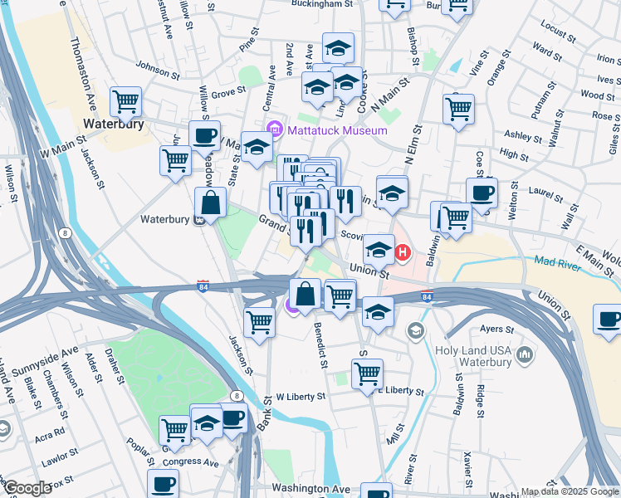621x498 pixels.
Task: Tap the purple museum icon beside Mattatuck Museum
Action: tap(276, 129)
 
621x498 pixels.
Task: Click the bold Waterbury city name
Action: tap(115, 124)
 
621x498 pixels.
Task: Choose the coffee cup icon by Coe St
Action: tap(482, 193)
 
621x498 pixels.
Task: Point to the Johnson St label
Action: tap(158, 72)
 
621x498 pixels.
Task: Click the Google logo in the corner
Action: tap(27, 488)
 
